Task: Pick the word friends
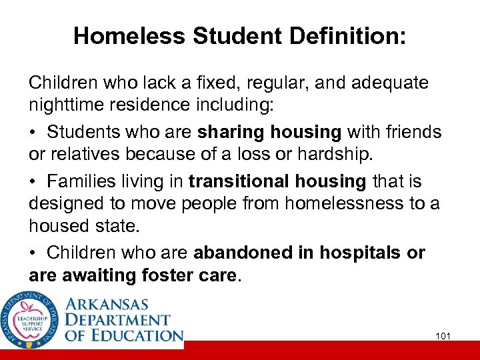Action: [411, 132]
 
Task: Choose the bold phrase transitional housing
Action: [278, 181]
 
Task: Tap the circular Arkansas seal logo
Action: [29, 319]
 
